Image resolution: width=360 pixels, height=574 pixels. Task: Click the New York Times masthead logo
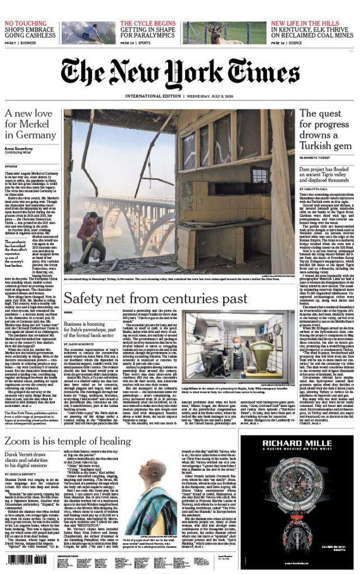(179, 71)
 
